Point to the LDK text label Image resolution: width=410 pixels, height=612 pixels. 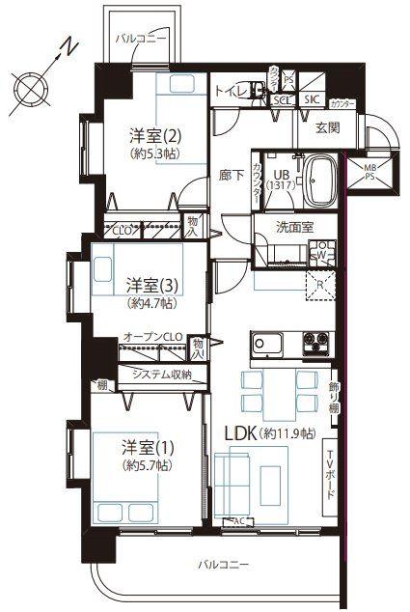click(x=242, y=434)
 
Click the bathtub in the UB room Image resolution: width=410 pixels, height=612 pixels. click(x=321, y=180)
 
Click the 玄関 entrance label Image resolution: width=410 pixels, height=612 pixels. click(x=328, y=125)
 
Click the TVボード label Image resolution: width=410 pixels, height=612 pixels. click(x=329, y=474)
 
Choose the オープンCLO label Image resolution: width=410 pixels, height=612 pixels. click(x=152, y=337)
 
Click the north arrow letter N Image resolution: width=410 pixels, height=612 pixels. click(x=65, y=45)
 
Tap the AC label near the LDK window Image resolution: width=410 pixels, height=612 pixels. click(x=237, y=521)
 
